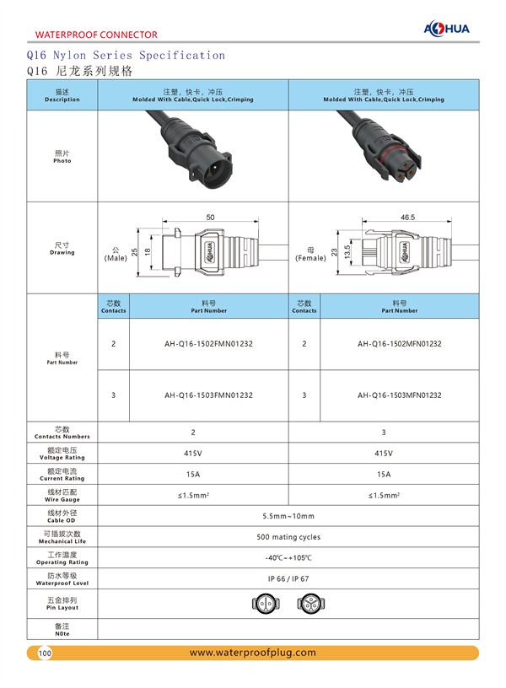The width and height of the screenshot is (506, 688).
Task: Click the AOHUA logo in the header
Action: (x=450, y=28)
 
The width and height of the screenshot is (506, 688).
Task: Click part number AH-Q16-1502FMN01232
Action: (x=208, y=344)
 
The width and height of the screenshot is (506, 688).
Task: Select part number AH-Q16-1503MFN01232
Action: (x=399, y=395)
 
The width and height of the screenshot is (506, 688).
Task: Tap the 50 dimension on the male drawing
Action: (x=210, y=217)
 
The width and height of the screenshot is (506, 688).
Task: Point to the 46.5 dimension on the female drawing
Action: (x=407, y=218)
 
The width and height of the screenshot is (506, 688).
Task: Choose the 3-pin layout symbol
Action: (x=311, y=603)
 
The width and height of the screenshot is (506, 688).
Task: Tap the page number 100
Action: (x=45, y=653)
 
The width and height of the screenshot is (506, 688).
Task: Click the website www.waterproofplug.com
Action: (x=253, y=653)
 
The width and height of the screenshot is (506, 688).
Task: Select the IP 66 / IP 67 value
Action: (x=288, y=579)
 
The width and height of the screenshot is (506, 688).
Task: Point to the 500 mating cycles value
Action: (x=288, y=537)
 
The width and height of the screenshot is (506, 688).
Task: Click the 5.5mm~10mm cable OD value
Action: (x=288, y=516)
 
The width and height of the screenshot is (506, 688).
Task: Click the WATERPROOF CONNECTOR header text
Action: (x=96, y=35)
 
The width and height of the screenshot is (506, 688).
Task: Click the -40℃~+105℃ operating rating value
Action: (x=288, y=558)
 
